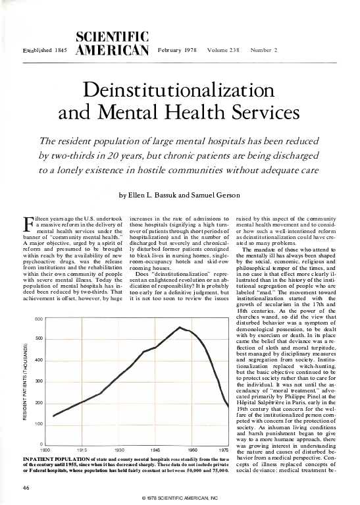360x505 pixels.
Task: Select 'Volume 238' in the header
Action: point(224,50)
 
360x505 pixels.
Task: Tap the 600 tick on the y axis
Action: point(39,319)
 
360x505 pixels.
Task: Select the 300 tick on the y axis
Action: point(39,382)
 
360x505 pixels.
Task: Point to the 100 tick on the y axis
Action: point(39,424)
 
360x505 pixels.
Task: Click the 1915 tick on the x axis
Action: point(82,450)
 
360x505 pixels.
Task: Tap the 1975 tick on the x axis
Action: point(222,450)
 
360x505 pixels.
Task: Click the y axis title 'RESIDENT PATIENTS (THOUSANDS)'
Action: point(26,381)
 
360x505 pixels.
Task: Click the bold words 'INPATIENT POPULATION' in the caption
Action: point(53,457)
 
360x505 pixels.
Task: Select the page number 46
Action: point(27,487)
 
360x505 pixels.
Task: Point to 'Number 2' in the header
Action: point(265,50)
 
